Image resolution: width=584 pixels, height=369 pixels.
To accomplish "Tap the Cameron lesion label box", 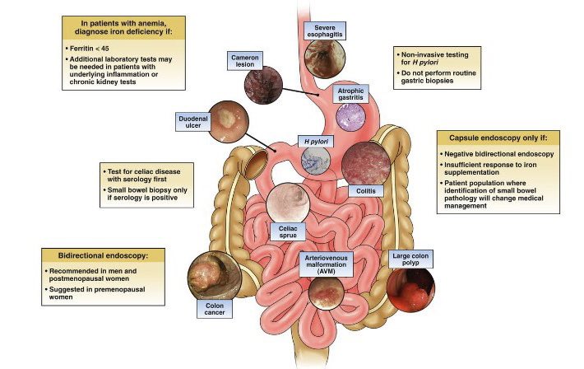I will (x=248, y=60).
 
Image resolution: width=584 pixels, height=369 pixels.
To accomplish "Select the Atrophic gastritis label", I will (x=354, y=93).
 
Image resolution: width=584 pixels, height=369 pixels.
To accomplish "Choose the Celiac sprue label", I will (x=290, y=231).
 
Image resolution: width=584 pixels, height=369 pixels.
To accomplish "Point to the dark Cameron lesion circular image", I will (x=264, y=83).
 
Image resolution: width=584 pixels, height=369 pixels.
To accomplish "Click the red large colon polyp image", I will (x=410, y=291).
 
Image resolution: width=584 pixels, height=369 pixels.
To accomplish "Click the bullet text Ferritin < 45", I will (x=90, y=49).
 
